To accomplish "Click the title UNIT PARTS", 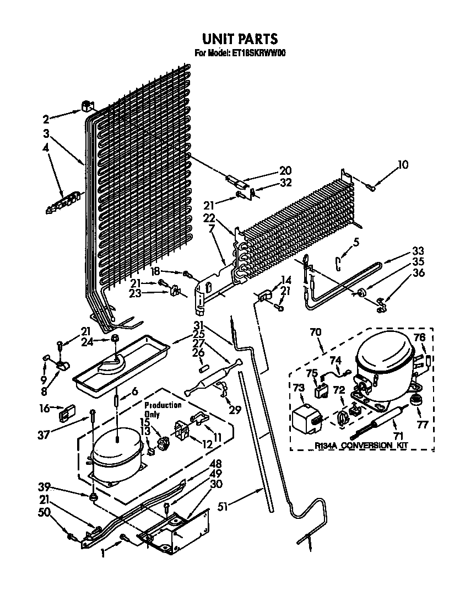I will [239, 39].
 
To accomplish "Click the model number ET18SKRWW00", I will [258, 53].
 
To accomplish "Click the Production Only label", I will [163, 409].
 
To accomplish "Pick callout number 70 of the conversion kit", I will [315, 333].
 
